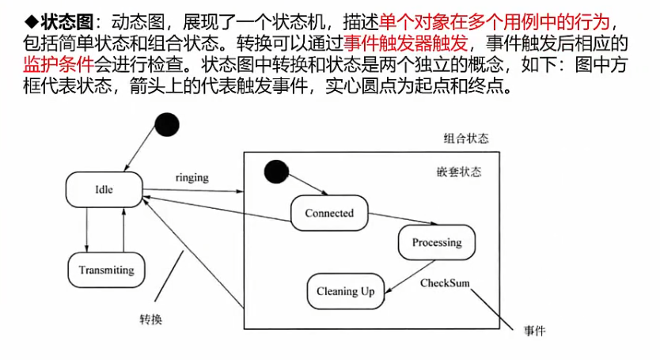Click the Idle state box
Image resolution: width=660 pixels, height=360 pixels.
click(104, 190)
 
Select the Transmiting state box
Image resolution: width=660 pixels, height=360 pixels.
click(106, 270)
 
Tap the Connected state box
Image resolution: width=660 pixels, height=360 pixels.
click(328, 213)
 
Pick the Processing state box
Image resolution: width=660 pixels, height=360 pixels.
click(436, 242)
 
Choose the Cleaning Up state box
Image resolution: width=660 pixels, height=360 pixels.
click(345, 291)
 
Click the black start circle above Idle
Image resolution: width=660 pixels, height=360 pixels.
click(167, 124)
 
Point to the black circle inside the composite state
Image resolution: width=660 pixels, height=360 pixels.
click(275, 171)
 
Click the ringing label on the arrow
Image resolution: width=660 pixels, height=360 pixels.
click(192, 177)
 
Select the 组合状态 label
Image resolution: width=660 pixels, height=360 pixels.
click(466, 138)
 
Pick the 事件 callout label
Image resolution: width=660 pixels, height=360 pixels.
click(535, 329)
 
